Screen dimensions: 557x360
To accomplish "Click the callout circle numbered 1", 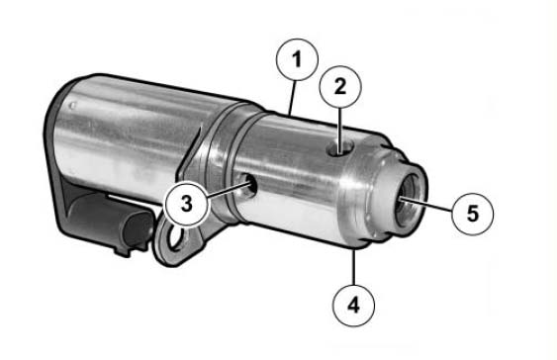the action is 297,59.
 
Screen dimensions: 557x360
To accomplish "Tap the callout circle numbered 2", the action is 340,87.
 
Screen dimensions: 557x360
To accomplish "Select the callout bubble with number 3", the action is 187,204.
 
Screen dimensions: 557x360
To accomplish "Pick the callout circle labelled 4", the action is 353,306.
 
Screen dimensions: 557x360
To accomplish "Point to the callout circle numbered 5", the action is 473,214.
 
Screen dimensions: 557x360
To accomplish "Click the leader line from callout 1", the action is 292,98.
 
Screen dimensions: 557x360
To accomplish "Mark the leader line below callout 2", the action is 340,131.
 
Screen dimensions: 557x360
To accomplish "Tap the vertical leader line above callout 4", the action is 353,267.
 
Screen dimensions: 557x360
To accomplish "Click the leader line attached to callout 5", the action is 426,205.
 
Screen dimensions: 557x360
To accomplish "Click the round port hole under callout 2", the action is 340,147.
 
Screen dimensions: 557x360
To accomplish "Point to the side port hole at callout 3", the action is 248,186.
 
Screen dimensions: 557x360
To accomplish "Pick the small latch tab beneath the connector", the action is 122,251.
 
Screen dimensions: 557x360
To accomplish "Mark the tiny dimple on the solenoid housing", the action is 73,106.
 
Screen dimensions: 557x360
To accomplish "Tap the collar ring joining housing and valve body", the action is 228,161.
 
